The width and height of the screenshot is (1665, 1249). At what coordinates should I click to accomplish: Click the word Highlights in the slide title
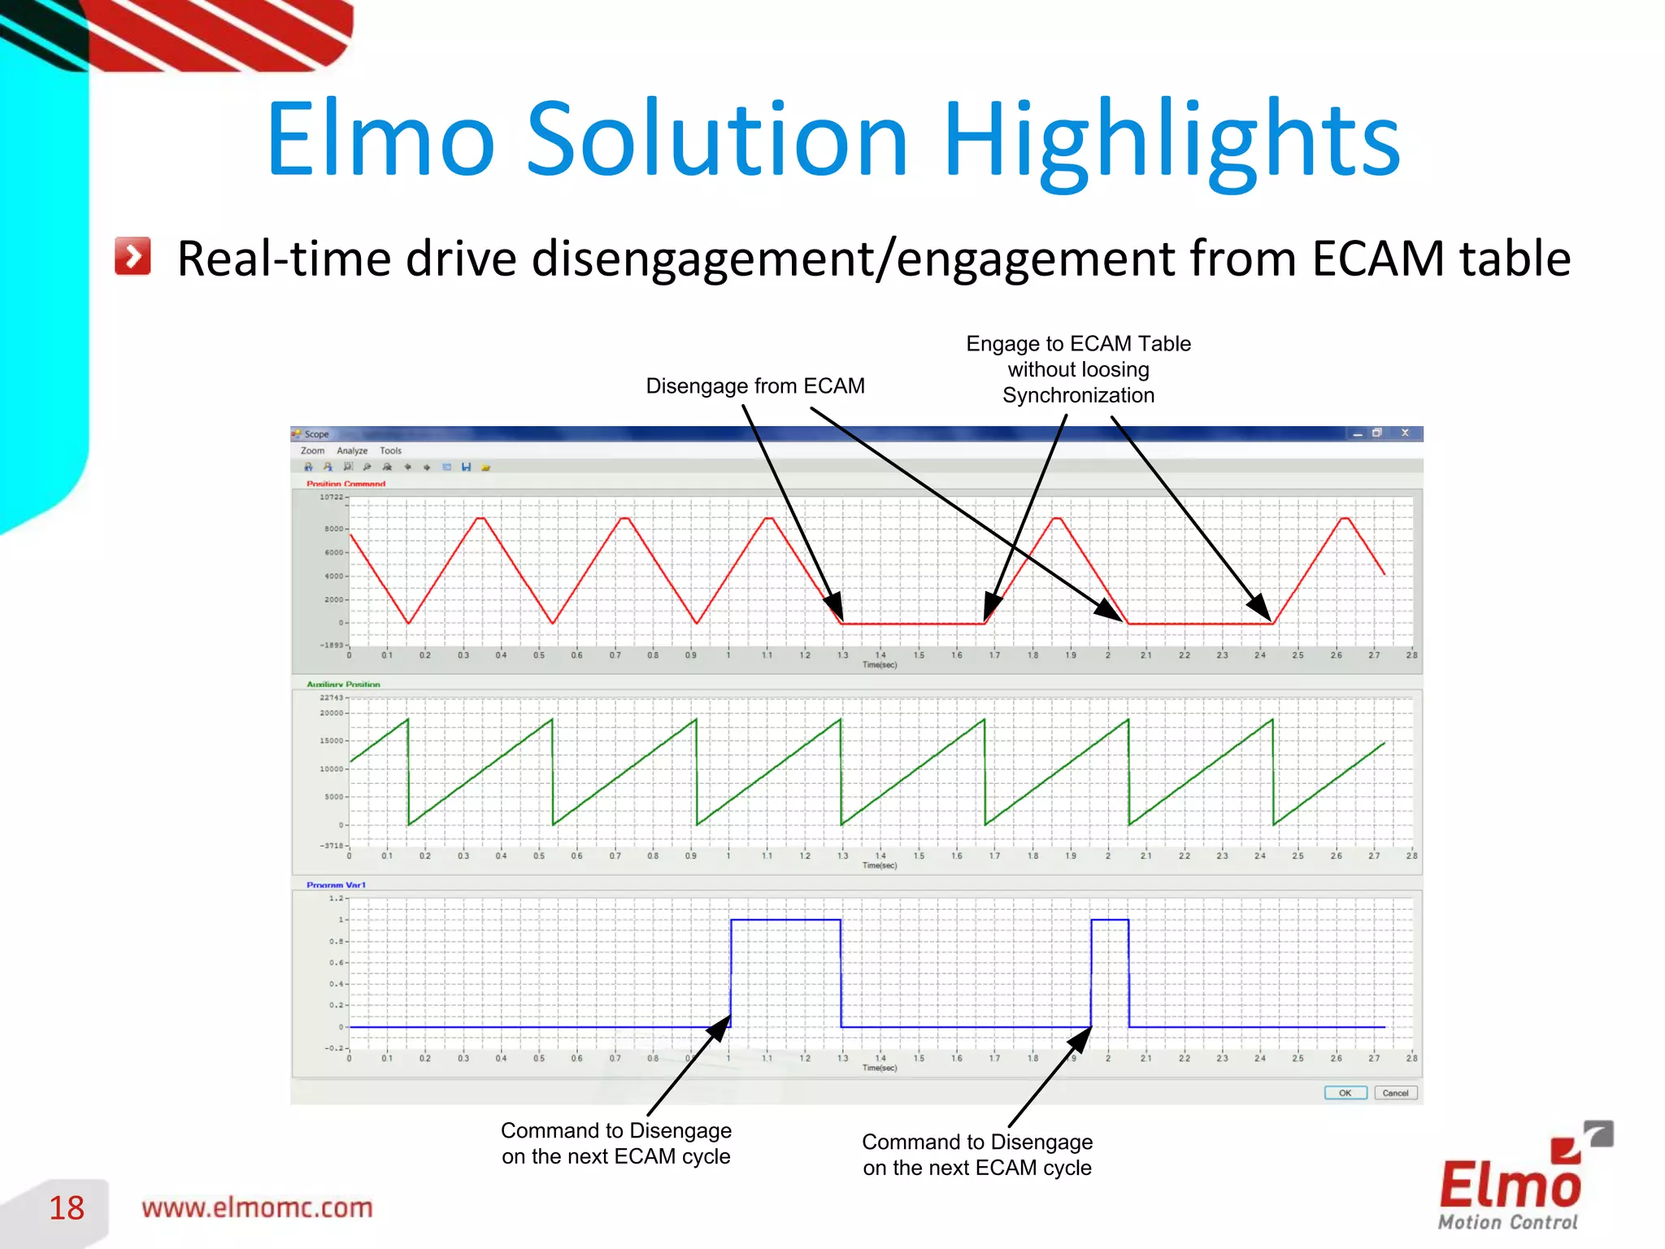pyautogui.click(x=1171, y=140)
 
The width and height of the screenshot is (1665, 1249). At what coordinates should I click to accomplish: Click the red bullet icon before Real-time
pyautogui.click(x=133, y=257)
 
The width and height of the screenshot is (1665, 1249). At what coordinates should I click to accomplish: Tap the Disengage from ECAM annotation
pyautogui.click(x=754, y=385)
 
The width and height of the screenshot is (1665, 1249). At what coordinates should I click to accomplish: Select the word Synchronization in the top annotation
pyautogui.click(x=1078, y=395)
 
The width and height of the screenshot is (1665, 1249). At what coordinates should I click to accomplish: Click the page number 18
pyautogui.click(x=66, y=1208)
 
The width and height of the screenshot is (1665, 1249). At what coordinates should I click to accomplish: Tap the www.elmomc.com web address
pyautogui.click(x=257, y=1208)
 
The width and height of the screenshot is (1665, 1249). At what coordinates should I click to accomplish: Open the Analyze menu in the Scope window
pyautogui.click(x=352, y=450)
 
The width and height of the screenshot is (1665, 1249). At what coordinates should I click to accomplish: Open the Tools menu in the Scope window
pyautogui.click(x=390, y=450)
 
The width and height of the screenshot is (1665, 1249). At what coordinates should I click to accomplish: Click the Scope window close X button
pyautogui.click(x=1405, y=433)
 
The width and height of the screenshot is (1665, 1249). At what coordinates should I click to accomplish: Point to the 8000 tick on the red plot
pyautogui.click(x=333, y=529)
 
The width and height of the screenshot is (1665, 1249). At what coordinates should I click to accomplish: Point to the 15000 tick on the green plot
pyautogui.click(x=331, y=741)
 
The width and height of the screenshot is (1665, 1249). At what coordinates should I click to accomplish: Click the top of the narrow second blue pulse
pyautogui.click(x=1109, y=920)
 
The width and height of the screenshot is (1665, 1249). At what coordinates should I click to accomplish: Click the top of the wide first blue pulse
pyautogui.click(x=785, y=920)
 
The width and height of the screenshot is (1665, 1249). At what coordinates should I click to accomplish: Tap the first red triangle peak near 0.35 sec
pyautogui.click(x=480, y=518)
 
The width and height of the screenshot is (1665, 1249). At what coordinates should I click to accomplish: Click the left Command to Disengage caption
pyautogui.click(x=615, y=1143)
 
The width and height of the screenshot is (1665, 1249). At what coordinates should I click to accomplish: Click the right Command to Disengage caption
pyautogui.click(x=976, y=1155)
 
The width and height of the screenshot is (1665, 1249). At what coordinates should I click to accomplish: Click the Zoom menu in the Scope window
pyautogui.click(x=312, y=450)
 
